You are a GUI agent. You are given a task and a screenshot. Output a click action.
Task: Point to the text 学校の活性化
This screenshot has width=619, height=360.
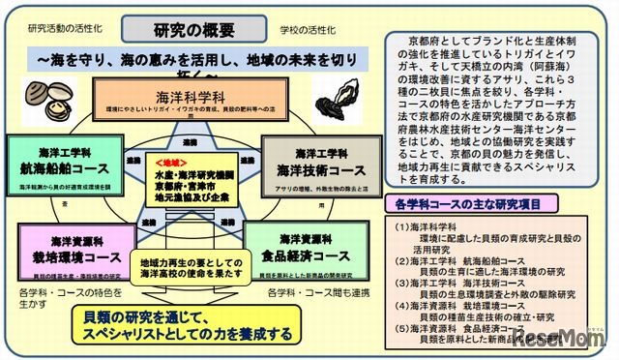[296, 29]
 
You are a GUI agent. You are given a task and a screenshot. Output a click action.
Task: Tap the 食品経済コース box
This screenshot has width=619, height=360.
[305, 249]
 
